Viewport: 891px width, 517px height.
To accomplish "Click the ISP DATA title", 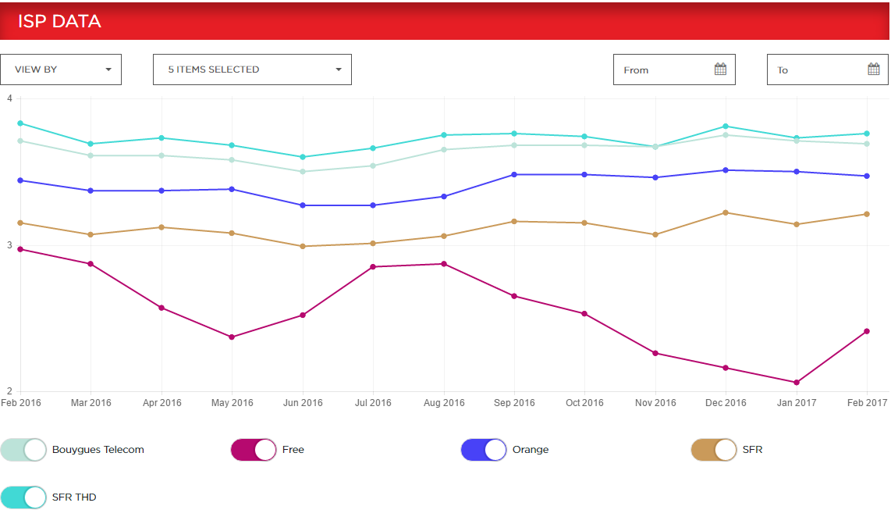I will (59, 21).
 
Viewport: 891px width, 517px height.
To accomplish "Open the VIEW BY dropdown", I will (61, 70).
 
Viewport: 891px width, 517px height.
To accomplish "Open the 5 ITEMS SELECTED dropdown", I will (252, 70).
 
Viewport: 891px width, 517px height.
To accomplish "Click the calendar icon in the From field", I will (720, 70).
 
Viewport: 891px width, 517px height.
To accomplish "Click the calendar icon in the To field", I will (874, 70).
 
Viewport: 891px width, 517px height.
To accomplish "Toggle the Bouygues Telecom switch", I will (23, 450).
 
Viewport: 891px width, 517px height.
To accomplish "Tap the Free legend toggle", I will (254, 450).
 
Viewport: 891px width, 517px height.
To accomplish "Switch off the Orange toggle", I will (484, 450).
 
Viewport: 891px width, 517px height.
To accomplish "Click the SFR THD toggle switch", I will (23, 497).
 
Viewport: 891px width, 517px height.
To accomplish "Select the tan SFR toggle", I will (713, 450).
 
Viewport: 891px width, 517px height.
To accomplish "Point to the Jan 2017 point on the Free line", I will (797, 383).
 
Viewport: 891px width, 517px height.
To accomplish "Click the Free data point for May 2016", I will (232, 337).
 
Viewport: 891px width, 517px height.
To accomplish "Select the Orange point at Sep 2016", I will (514, 175).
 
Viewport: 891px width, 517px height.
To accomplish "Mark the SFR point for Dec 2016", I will (726, 212).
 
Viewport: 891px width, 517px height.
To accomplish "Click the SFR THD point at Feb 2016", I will (20, 123).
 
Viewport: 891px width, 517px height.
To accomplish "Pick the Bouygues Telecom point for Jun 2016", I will (303, 172).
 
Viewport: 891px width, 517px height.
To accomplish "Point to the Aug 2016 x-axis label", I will (444, 403).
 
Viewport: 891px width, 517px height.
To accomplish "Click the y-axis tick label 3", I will (9, 245).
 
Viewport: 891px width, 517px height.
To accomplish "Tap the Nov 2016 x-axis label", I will (655, 403).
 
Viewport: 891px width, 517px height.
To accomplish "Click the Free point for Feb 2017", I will (867, 332).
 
